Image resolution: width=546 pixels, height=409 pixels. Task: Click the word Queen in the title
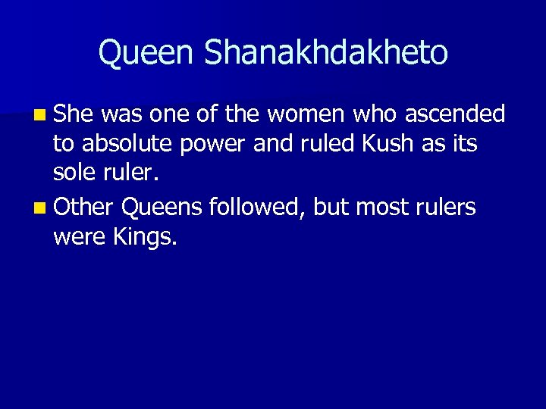[143, 53]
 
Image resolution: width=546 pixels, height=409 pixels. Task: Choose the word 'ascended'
[455, 114]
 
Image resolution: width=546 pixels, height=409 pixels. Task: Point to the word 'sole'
[73, 176]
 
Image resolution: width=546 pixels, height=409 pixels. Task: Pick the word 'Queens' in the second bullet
[162, 207]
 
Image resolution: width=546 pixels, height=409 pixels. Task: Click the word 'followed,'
[256, 207]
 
